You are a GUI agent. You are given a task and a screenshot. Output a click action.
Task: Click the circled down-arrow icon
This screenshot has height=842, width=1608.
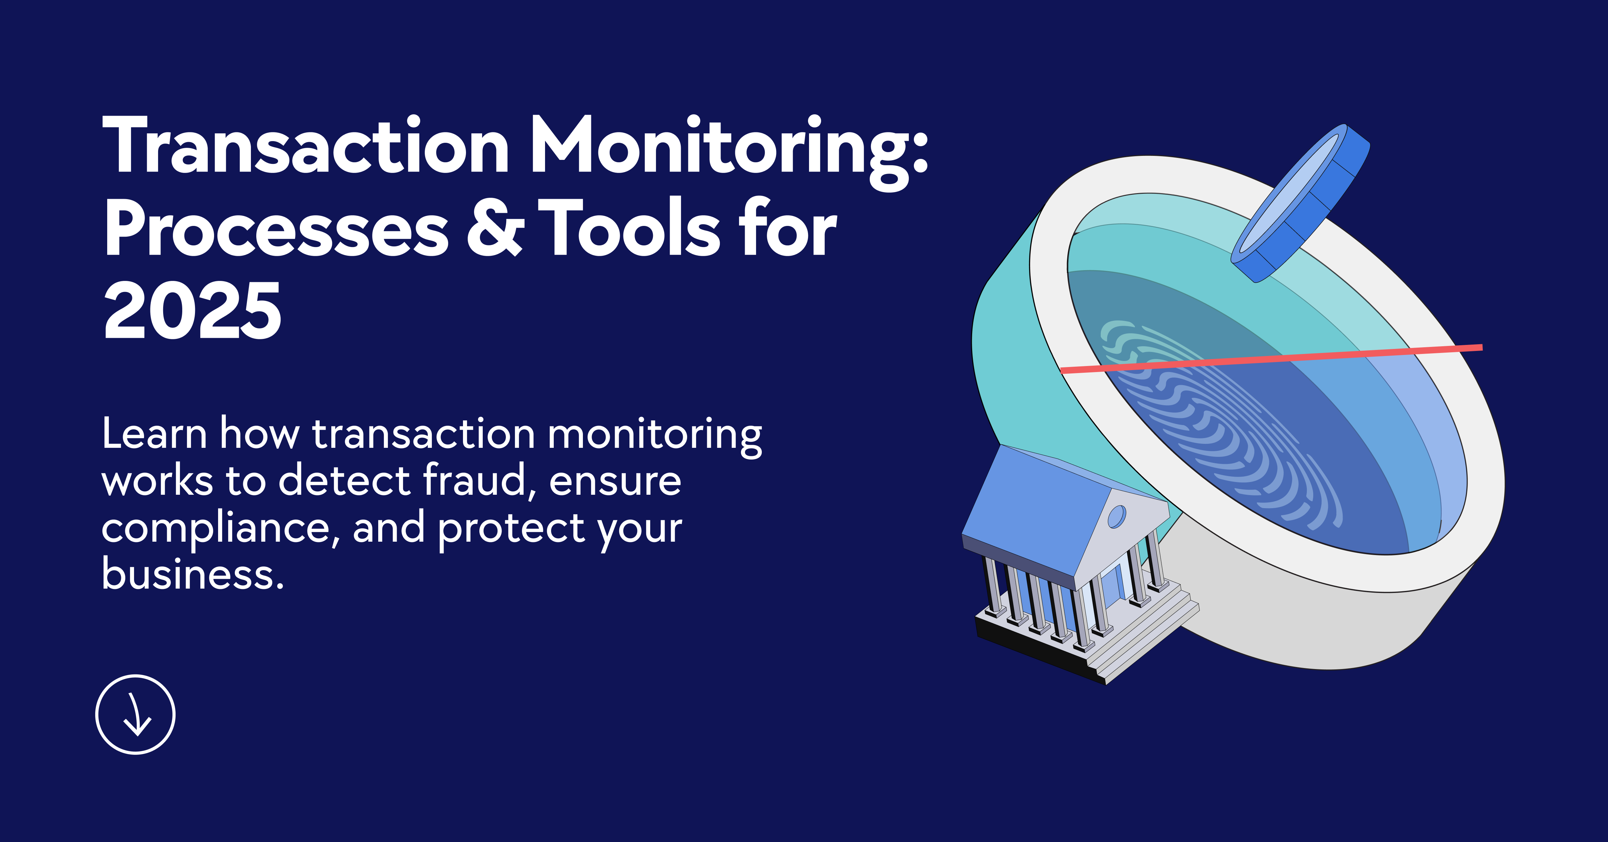click(135, 714)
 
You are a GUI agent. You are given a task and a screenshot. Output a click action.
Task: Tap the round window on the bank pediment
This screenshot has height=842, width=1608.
click(1116, 516)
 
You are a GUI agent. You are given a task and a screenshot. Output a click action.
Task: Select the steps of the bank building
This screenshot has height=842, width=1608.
click(1149, 637)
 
